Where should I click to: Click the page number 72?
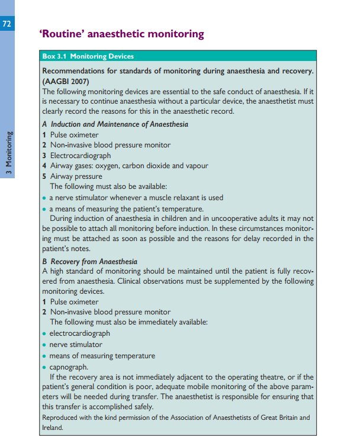pos(7,24)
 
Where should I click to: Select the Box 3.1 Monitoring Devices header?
pos(88,57)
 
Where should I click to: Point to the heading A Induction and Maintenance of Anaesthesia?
pos(115,124)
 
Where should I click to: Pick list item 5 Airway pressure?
pos(72,176)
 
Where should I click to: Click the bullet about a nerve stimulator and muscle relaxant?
pos(136,198)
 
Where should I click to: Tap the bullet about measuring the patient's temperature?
pos(126,208)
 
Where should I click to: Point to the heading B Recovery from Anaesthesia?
pos(89,261)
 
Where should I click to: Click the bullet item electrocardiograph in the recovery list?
pos(79,333)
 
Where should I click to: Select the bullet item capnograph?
pos(69,366)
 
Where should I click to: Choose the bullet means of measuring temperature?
pos(102,355)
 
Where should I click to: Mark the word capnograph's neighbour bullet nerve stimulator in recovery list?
pos(76,344)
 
